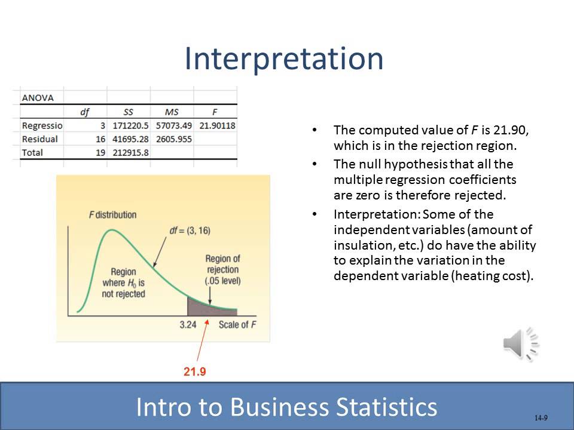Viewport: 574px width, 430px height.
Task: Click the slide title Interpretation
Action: pos(283,59)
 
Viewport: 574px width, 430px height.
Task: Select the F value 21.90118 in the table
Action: pos(217,125)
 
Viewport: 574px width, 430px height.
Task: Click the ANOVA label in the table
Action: pos(38,98)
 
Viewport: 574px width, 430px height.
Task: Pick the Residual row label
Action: pos(39,139)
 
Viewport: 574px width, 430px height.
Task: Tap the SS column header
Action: pos(129,112)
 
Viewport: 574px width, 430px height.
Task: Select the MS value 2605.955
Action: pos(173,139)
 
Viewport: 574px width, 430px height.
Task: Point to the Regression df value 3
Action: pos(102,125)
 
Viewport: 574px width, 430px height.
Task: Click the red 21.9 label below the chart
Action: pos(195,371)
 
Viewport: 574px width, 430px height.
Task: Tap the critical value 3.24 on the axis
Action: pos(188,325)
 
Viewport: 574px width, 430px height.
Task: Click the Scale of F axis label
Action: pos(233,325)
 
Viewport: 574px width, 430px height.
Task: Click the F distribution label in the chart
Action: pos(112,214)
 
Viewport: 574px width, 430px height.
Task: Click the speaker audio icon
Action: pos(520,344)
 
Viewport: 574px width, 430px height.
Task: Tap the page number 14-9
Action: pos(541,418)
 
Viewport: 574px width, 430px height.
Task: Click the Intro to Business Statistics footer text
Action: pos(286,407)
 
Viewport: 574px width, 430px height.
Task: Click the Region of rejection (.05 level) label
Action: pos(222,269)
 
